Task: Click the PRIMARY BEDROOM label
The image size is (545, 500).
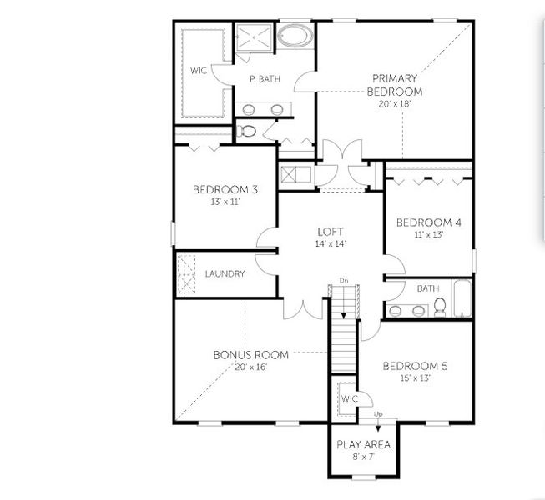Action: pos(396,85)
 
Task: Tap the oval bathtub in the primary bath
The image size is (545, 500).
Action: pos(293,36)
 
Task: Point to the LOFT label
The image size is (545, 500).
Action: pos(331,232)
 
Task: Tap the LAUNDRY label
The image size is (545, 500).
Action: pos(225,273)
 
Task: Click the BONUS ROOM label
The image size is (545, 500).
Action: pos(250,355)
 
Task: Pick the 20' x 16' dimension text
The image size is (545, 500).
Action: pos(250,367)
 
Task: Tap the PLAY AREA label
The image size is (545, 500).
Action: pos(363,444)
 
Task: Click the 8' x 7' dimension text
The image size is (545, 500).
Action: pos(363,457)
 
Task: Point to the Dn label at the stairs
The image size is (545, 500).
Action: pos(343,281)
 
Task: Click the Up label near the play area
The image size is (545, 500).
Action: pos(378,414)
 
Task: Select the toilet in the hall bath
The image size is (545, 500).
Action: pos(439,309)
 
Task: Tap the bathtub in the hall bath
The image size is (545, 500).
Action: pos(463,298)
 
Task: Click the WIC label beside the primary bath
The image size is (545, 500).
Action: pos(198,71)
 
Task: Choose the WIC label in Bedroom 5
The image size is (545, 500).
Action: pos(349,398)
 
